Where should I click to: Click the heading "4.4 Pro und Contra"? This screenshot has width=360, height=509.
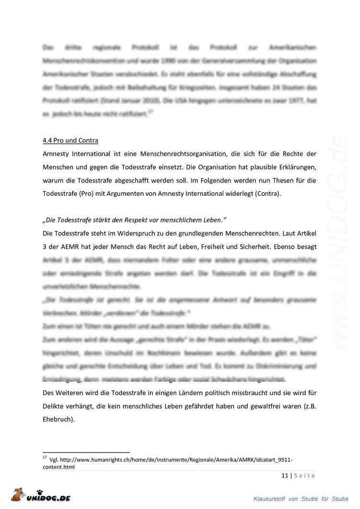[71, 141]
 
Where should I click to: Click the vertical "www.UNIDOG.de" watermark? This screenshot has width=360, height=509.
[342, 240]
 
